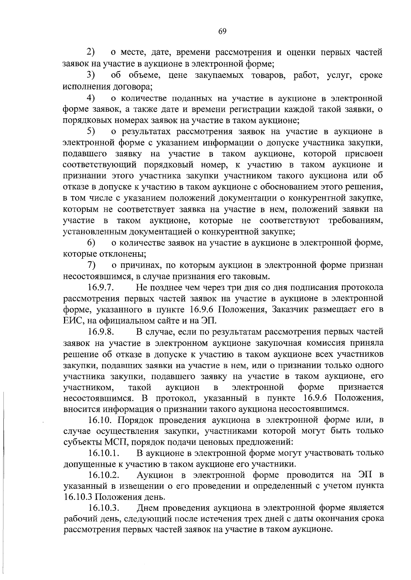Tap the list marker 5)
click(91, 131)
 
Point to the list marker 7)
click(91, 265)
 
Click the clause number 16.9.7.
click(101, 287)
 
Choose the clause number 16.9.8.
click(101, 332)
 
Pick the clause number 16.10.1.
click(103, 453)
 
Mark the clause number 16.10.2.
click(103, 475)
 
